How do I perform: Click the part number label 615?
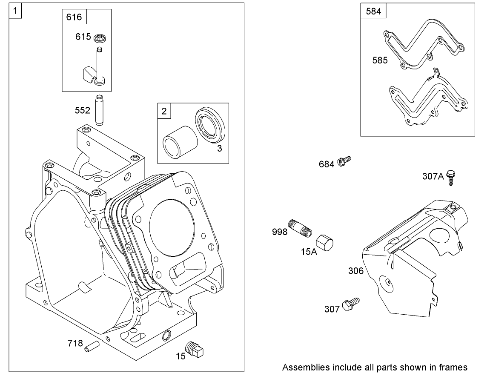pos(83,37)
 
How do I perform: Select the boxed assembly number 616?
pos(74,17)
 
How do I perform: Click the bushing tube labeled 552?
pos(99,110)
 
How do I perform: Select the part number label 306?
pos(355,271)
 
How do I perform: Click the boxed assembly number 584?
pos(373,11)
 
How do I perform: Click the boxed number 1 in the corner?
pos(16,11)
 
